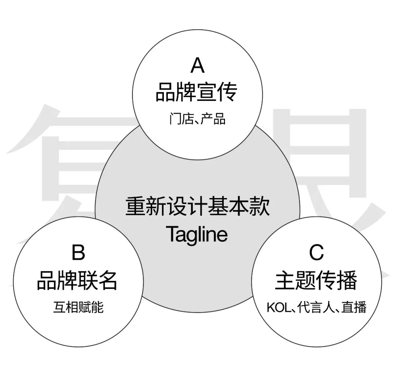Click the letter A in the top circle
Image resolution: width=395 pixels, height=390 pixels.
click(197, 66)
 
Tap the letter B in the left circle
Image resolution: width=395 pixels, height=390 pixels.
click(78, 253)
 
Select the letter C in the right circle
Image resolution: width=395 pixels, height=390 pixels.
click(316, 253)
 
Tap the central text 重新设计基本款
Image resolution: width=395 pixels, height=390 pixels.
click(197, 207)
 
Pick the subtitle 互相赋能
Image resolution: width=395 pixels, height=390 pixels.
click(78, 307)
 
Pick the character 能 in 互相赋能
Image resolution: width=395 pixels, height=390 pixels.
click(97, 307)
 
